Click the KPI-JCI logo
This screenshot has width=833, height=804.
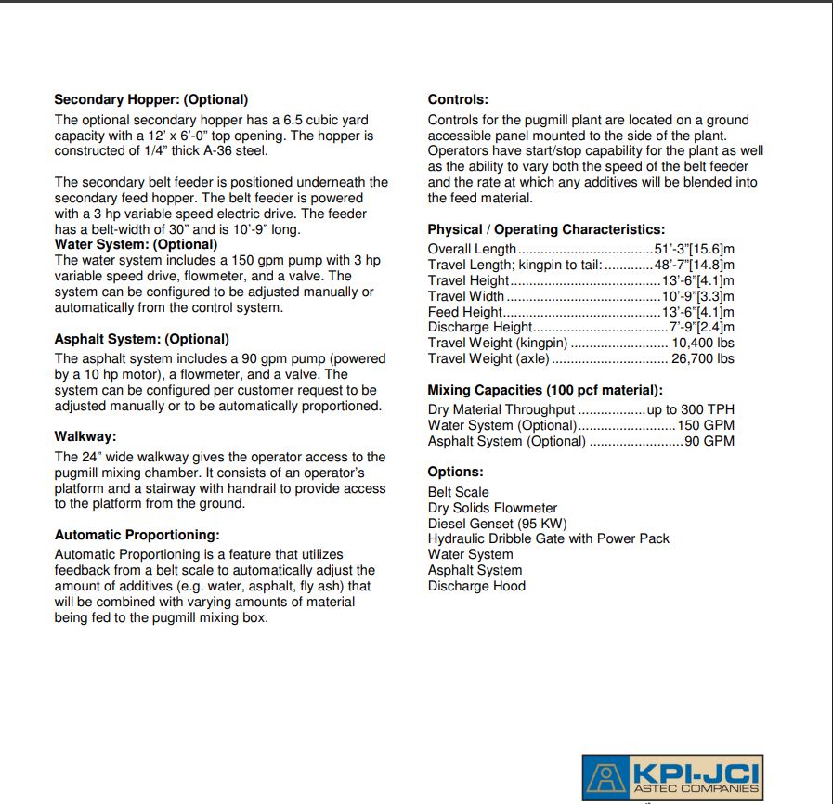pyautogui.click(x=672, y=776)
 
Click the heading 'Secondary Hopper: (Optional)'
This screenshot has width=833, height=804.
pyautogui.click(x=151, y=99)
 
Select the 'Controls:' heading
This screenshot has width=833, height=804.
pyautogui.click(x=458, y=99)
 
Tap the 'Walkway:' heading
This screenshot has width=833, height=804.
pyautogui.click(x=85, y=436)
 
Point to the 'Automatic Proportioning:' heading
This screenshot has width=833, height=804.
pyautogui.click(x=137, y=535)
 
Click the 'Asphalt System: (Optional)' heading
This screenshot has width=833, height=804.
pyautogui.click(x=142, y=339)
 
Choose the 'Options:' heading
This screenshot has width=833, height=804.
pyautogui.click(x=456, y=472)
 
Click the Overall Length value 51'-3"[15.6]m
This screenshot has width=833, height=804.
pyautogui.click(x=696, y=249)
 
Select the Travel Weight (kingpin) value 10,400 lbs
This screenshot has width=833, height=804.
pyautogui.click(x=703, y=343)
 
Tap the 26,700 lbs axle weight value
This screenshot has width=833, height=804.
pyautogui.click(x=703, y=358)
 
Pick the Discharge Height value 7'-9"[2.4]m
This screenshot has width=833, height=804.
pyautogui.click(x=702, y=327)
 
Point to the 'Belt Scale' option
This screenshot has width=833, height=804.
pyautogui.click(x=459, y=492)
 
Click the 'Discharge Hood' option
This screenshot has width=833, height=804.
pyautogui.click(x=476, y=586)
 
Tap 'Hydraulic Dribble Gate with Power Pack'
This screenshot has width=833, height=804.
pyautogui.click(x=548, y=538)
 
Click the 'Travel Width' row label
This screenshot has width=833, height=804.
pyautogui.click(x=466, y=296)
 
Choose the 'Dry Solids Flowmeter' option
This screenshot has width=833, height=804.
pyautogui.click(x=492, y=508)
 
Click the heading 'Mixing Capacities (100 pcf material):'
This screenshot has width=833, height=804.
pyautogui.click(x=545, y=390)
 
